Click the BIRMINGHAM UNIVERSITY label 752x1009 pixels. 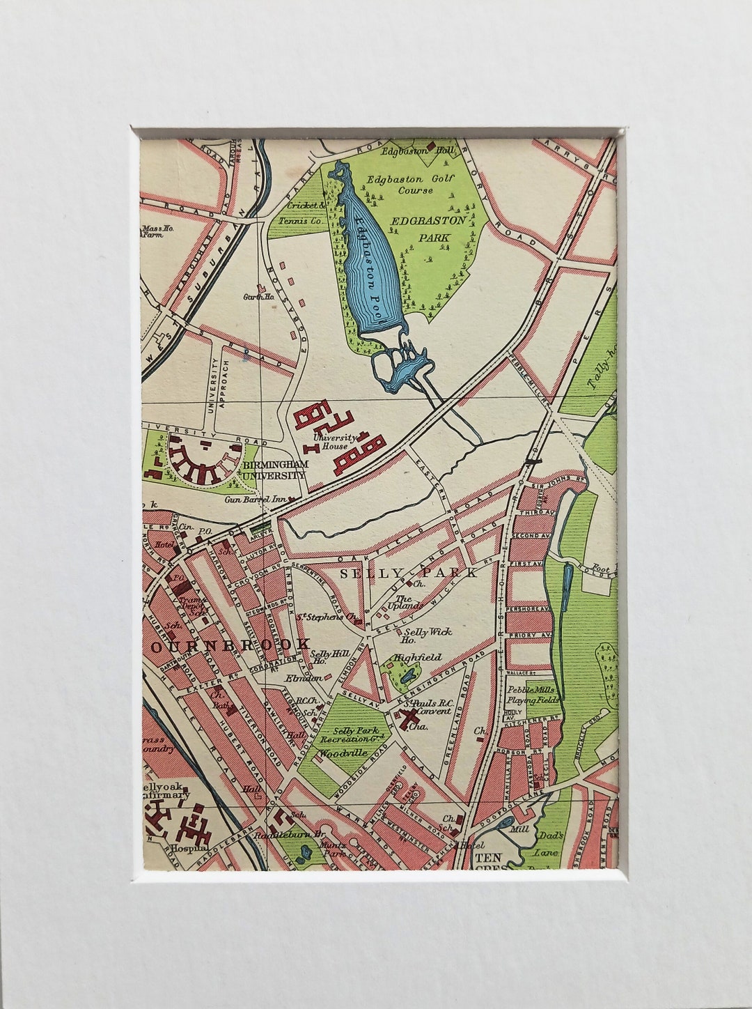coord(274,470)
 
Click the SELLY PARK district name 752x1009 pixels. coord(409,573)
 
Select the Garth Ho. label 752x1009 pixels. coord(256,297)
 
